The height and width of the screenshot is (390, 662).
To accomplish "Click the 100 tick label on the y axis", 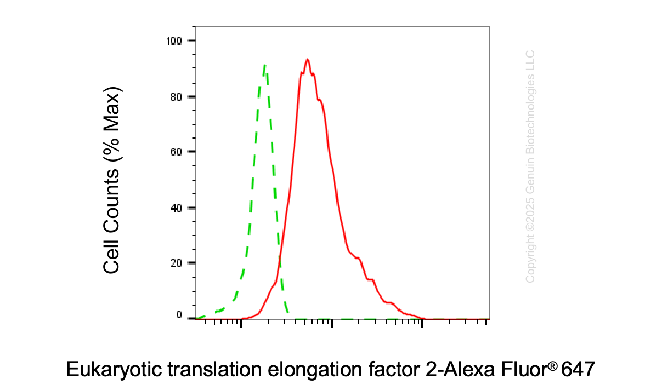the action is [x=174, y=41].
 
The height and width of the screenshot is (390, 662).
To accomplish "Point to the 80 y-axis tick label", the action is [x=176, y=97].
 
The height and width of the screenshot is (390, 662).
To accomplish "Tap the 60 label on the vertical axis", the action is [x=176, y=152].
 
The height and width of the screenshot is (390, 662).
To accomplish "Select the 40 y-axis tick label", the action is [x=176, y=208].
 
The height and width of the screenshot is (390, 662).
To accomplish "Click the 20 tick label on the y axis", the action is [x=176, y=263].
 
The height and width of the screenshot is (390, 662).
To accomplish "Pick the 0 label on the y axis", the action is [x=179, y=315].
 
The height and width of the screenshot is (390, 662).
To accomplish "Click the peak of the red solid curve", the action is [x=307, y=59].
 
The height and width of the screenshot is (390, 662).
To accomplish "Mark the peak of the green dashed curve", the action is [x=265, y=66].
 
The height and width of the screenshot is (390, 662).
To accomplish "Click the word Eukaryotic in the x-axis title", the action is [x=114, y=370].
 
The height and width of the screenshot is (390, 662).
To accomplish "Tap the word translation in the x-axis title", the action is [x=215, y=369].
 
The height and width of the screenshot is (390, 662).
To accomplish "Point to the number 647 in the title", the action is [x=578, y=369].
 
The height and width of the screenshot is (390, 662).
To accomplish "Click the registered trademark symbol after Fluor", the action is [x=553, y=366].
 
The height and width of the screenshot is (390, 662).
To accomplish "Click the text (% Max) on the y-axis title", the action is [x=112, y=124].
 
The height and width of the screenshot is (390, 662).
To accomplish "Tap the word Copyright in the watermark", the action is [x=530, y=259].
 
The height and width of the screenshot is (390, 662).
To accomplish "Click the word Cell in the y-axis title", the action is [x=111, y=256].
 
